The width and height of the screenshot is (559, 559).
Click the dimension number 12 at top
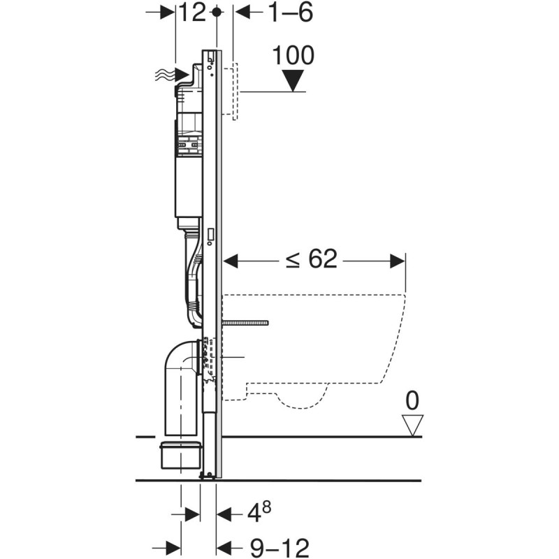[192, 13]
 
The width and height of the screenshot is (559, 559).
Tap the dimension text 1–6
[288, 13]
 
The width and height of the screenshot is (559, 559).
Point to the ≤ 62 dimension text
[312, 260]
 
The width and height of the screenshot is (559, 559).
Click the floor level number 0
[412, 400]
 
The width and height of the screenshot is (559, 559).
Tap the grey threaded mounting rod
[246, 323]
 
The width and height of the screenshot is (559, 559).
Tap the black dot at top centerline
[217, 12]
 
